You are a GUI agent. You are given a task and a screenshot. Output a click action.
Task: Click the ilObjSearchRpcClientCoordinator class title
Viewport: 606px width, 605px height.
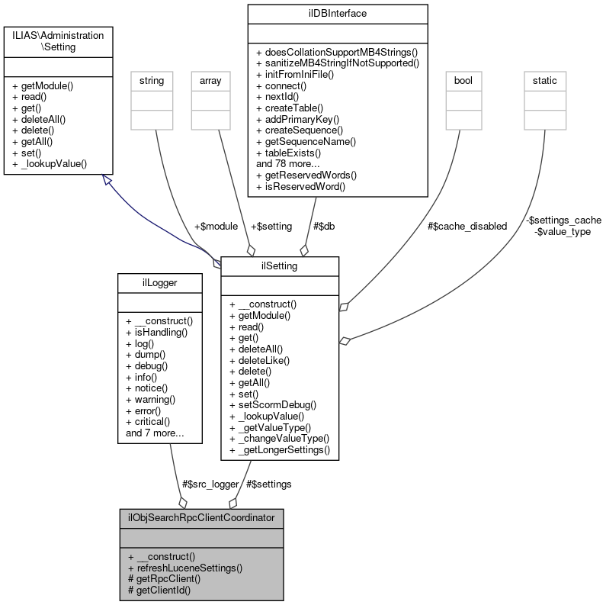201,517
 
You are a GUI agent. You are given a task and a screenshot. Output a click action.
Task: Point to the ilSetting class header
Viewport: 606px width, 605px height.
280,265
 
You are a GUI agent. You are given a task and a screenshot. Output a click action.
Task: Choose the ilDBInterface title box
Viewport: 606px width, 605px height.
337,13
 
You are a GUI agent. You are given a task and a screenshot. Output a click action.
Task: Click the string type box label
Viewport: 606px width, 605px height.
151,79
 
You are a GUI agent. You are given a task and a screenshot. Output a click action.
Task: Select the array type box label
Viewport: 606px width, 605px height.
210,79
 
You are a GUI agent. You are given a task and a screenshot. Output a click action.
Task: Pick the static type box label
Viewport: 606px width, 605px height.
544,79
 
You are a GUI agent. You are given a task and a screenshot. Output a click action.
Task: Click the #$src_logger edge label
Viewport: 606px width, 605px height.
210,484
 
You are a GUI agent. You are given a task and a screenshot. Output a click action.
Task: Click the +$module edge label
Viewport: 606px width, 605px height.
216,226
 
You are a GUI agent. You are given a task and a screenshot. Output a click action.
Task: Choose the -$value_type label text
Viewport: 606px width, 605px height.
563,231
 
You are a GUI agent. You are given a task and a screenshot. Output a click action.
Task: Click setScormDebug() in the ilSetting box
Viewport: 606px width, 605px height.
274,404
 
